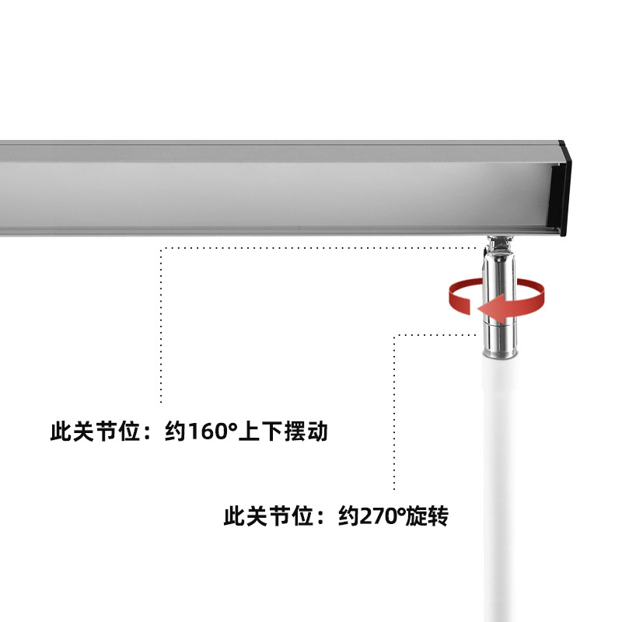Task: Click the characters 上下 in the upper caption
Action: coord(260,432)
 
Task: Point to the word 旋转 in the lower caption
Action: coord(426,516)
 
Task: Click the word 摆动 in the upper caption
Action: coord(306,432)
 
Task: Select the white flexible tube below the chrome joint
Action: coord(500,488)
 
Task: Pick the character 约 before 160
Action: coord(176,432)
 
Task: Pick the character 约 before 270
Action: coord(348,516)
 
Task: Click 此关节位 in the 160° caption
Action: coord(95,432)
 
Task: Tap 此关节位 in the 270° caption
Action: coord(268,516)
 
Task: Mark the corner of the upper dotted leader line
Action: coord(161,249)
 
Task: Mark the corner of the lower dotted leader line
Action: coord(394,335)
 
